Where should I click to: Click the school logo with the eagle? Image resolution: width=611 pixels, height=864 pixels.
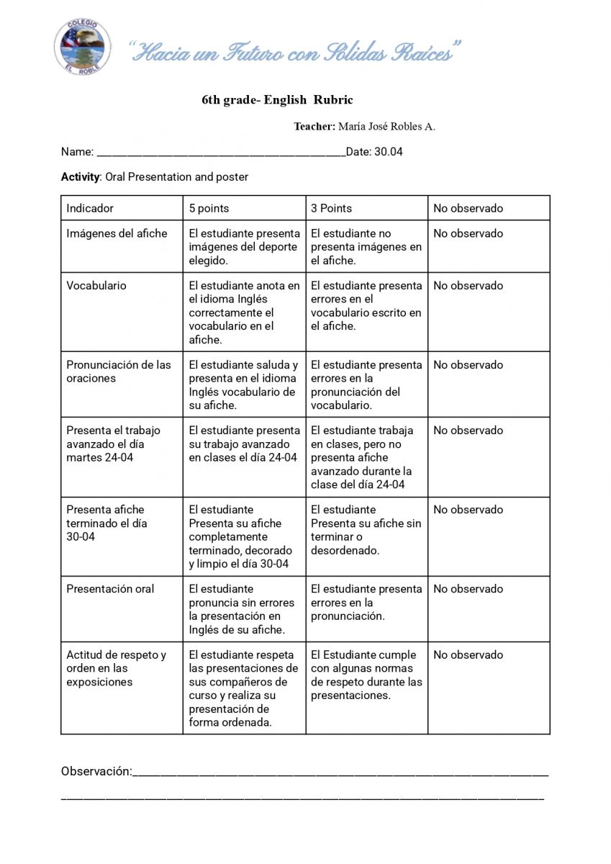click(x=81, y=46)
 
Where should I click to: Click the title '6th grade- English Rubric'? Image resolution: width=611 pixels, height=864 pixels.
click(x=277, y=100)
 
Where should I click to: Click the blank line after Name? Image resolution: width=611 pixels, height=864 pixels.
click(x=220, y=153)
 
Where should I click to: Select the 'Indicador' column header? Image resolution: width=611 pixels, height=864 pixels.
click(x=90, y=208)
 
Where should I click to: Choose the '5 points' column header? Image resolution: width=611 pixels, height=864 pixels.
click(x=209, y=208)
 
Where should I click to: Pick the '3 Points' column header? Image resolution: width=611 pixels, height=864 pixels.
click(x=331, y=208)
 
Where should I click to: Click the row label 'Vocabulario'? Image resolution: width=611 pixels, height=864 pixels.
click(x=96, y=286)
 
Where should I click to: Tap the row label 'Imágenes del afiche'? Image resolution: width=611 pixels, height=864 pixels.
click(x=117, y=233)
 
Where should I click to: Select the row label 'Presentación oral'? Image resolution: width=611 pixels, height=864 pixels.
click(x=110, y=589)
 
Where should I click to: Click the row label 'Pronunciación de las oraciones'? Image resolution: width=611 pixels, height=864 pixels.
click(x=119, y=372)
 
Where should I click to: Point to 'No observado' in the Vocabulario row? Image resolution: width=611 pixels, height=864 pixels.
click(x=468, y=286)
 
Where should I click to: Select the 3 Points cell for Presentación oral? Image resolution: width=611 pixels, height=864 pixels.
click(x=366, y=603)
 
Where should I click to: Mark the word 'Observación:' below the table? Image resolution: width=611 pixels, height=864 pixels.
click(x=96, y=771)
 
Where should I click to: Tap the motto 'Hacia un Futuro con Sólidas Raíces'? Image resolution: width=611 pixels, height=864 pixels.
click(x=294, y=52)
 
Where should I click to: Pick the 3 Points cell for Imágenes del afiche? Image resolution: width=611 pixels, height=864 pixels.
click(x=366, y=247)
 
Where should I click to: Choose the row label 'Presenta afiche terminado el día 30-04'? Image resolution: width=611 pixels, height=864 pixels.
click(x=106, y=523)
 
